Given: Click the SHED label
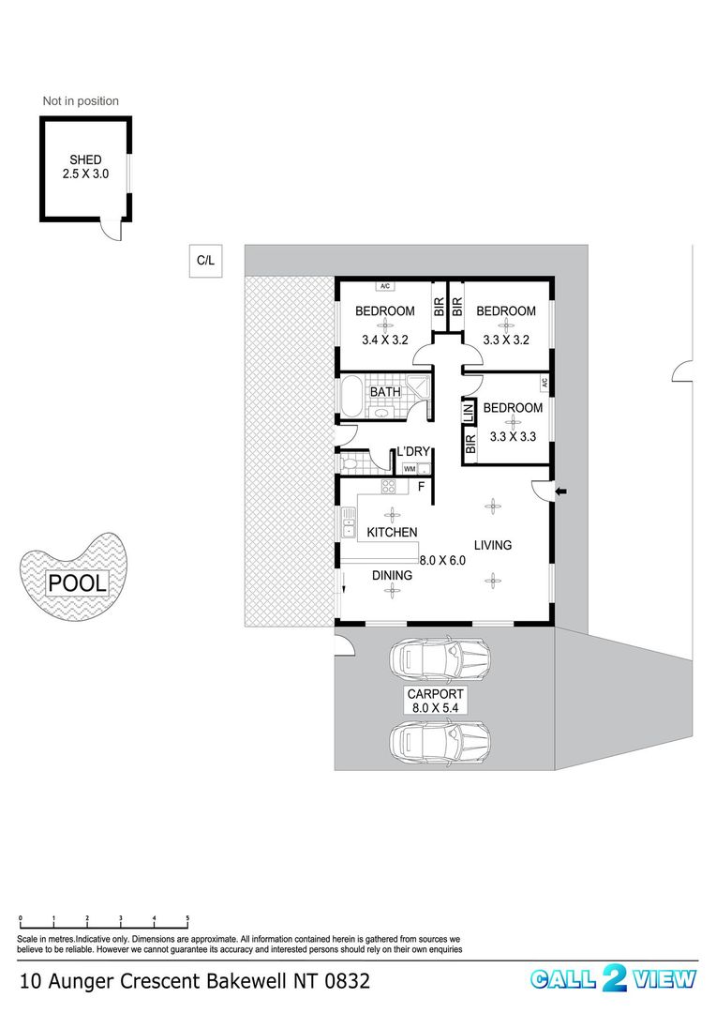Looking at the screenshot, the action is click(x=85, y=159).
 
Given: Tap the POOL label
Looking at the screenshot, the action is click(x=78, y=583).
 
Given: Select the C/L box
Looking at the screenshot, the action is click(x=205, y=261).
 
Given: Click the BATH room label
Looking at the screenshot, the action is click(x=385, y=392).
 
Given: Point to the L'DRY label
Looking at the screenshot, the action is click(x=413, y=451).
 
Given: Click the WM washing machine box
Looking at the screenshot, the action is click(x=410, y=469).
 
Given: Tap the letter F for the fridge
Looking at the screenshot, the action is click(x=421, y=487).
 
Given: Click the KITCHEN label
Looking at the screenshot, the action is click(x=392, y=533).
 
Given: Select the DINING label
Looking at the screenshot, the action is click(x=392, y=576).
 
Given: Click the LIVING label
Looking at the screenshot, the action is click(x=493, y=545).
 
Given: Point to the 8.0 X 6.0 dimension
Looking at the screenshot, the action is click(x=442, y=561).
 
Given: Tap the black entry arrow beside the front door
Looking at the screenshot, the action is click(x=561, y=492).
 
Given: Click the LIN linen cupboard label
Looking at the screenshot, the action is click(x=469, y=413).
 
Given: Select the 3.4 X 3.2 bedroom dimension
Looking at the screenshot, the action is click(x=385, y=340).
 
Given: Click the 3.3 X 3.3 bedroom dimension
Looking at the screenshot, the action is click(x=513, y=437).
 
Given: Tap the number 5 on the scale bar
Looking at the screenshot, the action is click(x=187, y=918).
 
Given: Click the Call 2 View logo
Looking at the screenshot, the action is click(x=613, y=978).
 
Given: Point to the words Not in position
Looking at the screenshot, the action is click(x=81, y=100).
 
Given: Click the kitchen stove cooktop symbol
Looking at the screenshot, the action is click(x=389, y=487).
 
